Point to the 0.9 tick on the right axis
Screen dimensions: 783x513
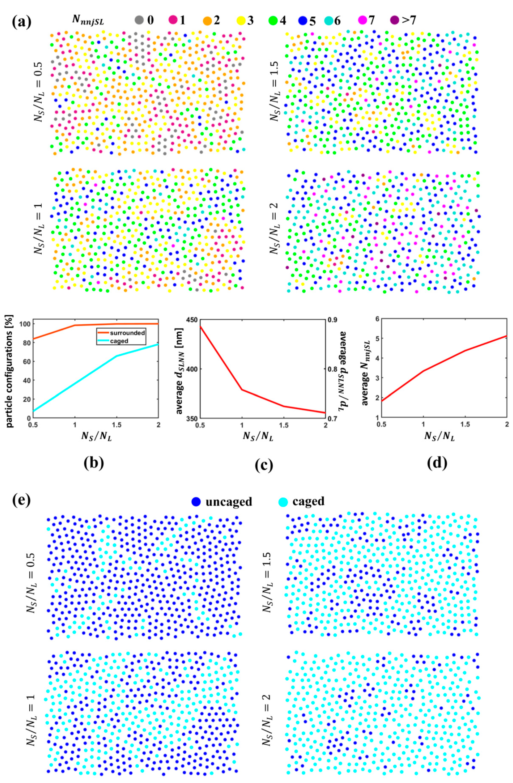click(333, 320)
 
